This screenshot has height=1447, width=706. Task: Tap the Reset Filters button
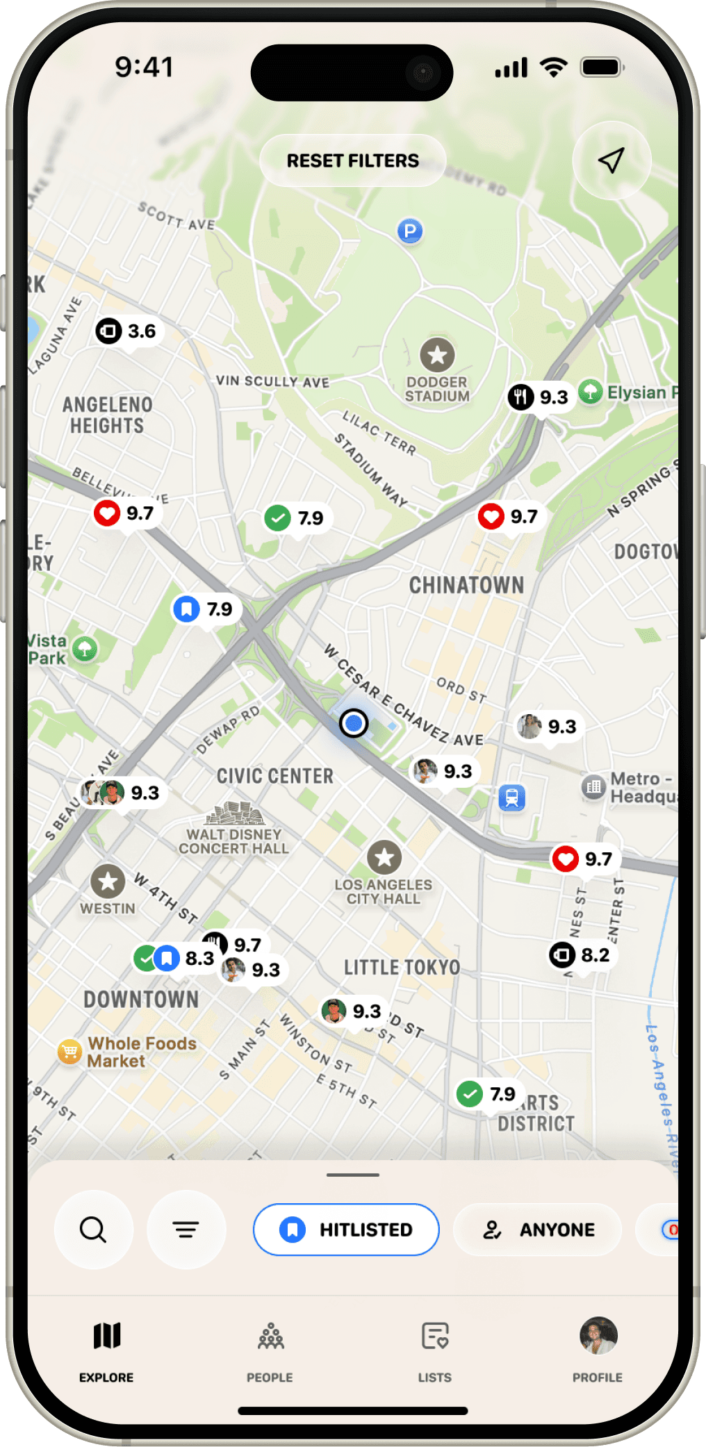pos(352,160)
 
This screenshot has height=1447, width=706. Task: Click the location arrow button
pos(611,160)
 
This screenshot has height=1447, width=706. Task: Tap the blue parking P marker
pos(410,231)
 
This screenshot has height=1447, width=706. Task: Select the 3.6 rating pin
pos(127,331)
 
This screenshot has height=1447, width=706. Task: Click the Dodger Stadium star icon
pos(437,355)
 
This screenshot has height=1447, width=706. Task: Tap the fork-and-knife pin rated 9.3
pos(539,397)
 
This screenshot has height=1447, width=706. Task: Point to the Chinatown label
pos(466,585)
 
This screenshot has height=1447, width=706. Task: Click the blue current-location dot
pos(354,723)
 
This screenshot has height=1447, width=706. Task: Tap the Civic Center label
pos(274,776)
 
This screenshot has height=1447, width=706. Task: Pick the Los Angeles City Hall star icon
pos(384,858)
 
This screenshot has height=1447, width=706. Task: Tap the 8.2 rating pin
pos(581,955)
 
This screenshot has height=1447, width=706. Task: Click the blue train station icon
pos(512,797)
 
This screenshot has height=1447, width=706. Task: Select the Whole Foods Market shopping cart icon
pos(69,1052)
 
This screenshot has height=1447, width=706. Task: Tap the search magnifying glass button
pos(93,1230)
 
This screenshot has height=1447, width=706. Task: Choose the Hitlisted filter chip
pos(346,1230)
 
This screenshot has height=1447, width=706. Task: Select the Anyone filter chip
pos(538,1230)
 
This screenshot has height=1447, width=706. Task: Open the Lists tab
pos(435,1349)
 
